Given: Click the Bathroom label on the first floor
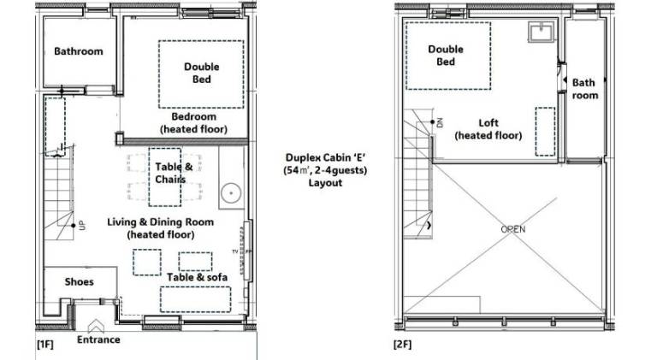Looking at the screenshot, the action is point(79,51).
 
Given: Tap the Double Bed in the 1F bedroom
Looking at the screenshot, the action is point(201,74).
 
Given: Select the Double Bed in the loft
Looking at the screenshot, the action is point(448,56).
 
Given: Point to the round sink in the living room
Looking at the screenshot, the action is point(231,194).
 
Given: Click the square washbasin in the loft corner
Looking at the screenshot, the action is point(541,31).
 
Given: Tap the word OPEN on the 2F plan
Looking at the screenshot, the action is point(513,229).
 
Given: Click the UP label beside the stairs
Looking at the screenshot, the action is point(82,225).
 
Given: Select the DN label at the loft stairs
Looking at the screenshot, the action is point(440,122).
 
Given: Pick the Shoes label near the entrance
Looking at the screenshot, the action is point(80,281).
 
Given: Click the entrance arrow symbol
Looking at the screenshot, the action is point(96,326).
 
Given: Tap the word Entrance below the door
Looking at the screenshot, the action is point(98,339).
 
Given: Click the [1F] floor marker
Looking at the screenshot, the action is point(44,344).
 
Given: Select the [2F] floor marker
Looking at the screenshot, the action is point(402,344).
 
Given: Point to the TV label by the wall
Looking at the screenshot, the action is point(235,251).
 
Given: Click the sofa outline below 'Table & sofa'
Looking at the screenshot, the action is point(195,299).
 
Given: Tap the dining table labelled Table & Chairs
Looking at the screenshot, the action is point(165,177).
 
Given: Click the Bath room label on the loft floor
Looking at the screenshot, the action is point(585,89).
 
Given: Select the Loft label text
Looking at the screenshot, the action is point(488,122).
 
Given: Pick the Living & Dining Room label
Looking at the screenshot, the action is point(161,221).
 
